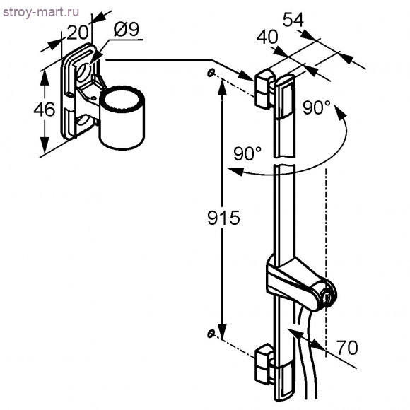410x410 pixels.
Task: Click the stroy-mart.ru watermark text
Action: point(41,12)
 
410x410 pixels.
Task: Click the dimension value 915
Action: point(223,218)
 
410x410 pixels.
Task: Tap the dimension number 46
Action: point(45,110)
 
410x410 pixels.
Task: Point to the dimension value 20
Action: point(77,33)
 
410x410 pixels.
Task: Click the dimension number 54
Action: point(293,20)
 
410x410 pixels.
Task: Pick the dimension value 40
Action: point(267,37)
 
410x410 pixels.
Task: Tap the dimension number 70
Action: point(347,348)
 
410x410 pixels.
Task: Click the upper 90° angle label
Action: point(317,107)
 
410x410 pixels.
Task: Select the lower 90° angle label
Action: point(247,153)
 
